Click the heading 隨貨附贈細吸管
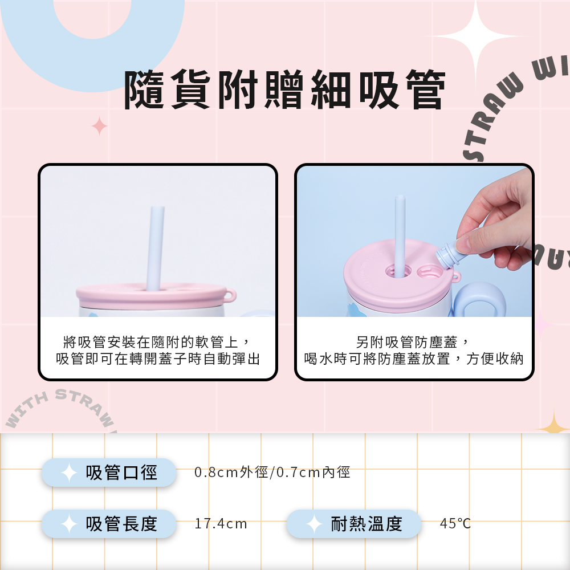[x=284, y=89]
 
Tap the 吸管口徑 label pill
[x=109, y=473]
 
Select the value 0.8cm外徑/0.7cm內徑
[x=272, y=472]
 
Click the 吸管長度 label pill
[x=109, y=524]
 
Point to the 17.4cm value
[x=221, y=524]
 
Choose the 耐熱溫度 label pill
[x=354, y=524]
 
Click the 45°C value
[x=455, y=524]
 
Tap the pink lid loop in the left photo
[x=230, y=295]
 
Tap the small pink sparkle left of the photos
[x=99, y=126]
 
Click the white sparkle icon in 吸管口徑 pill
[x=69, y=473]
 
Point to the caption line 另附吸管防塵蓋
[x=413, y=342]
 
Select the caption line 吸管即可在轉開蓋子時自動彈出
[x=158, y=359]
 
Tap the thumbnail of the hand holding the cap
[x=414, y=241]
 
